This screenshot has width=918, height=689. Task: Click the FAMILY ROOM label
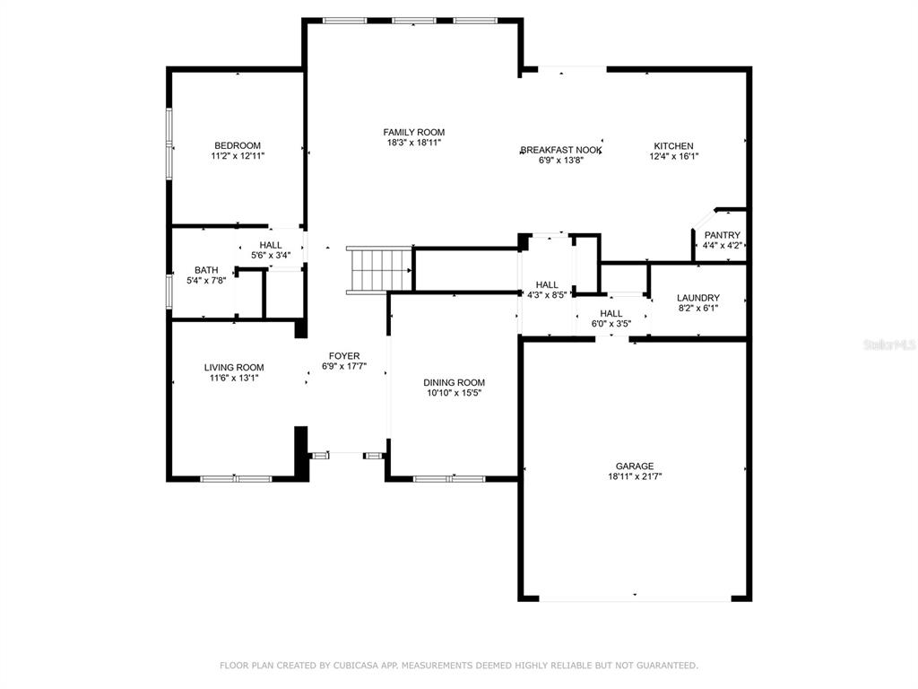point(414,133)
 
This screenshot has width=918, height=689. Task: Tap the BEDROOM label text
point(238,146)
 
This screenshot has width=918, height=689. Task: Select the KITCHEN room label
point(674,146)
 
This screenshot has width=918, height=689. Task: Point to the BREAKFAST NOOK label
point(561,150)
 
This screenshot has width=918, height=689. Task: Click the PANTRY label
point(723,235)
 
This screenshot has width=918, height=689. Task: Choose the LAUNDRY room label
point(698,298)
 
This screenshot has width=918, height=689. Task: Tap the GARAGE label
point(635,467)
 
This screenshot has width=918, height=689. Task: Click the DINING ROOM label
point(455,382)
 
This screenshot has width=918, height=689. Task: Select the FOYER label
point(344,356)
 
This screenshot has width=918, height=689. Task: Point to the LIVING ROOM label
point(234,367)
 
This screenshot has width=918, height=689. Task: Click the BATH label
point(206,270)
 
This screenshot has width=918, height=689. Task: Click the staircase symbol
point(379,270)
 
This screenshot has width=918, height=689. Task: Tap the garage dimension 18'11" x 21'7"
point(635,477)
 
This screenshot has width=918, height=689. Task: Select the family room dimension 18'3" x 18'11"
point(414,143)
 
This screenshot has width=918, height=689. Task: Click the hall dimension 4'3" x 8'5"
point(547,295)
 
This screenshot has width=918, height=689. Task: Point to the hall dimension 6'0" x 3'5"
point(611,324)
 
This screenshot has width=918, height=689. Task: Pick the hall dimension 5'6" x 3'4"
point(271,256)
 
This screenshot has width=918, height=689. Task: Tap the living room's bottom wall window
point(236,479)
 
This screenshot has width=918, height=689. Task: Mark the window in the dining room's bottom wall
point(449,479)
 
